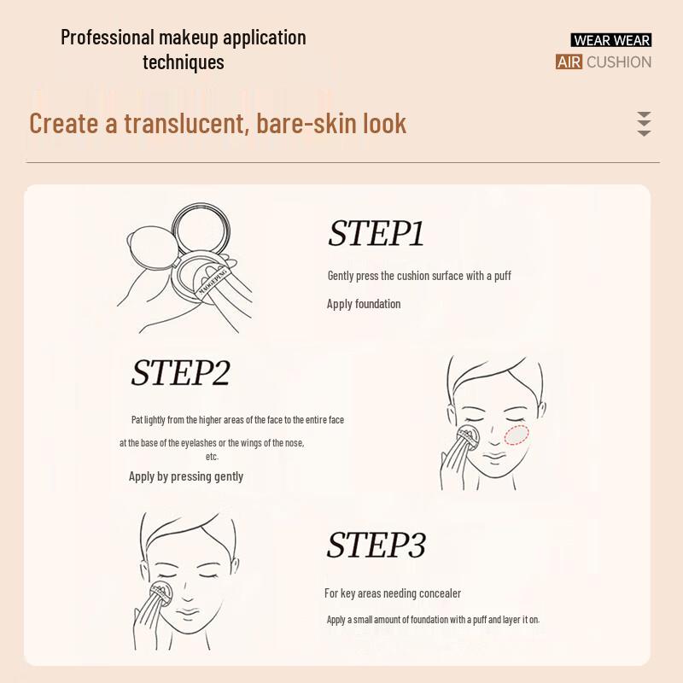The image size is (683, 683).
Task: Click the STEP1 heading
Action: (x=376, y=234)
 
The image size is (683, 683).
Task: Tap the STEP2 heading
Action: (x=180, y=373)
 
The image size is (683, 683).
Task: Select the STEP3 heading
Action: (x=376, y=546)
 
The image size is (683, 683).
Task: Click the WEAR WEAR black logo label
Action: (x=610, y=40)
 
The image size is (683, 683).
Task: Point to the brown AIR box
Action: (x=569, y=61)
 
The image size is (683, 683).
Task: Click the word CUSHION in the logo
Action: (x=619, y=61)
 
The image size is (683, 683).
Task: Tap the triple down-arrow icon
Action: (x=644, y=124)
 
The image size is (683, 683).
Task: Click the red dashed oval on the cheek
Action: (x=517, y=435)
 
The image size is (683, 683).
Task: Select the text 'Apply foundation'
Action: (x=364, y=304)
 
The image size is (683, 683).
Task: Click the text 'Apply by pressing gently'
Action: (x=186, y=476)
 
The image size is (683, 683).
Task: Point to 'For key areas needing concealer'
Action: (x=393, y=593)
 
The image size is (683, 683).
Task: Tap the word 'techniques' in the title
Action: (x=184, y=62)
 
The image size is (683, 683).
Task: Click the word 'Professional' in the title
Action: (x=108, y=38)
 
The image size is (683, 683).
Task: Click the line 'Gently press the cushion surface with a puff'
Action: (x=419, y=276)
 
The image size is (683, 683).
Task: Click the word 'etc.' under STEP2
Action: (x=213, y=457)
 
